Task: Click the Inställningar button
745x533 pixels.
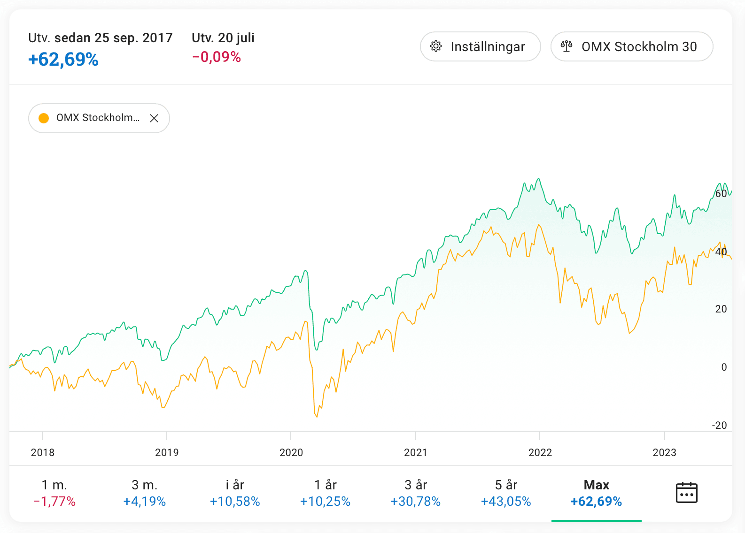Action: (x=480, y=46)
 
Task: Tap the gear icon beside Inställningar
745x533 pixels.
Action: (x=436, y=46)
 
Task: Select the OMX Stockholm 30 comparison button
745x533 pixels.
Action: (x=631, y=46)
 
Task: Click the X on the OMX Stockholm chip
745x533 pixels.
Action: (x=154, y=118)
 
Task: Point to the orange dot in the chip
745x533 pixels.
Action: (x=44, y=118)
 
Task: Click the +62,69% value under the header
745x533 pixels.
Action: (x=63, y=60)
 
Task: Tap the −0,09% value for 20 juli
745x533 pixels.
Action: (x=217, y=57)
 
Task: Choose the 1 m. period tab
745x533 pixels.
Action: (x=54, y=493)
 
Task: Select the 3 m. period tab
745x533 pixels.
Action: (x=145, y=493)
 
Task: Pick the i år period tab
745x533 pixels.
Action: (x=235, y=493)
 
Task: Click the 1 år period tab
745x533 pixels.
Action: (x=325, y=493)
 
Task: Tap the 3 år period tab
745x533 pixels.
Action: (x=416, y=493)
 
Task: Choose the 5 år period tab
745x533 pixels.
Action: (x=506, y=493)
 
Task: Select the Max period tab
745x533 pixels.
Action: (x=596, y=493)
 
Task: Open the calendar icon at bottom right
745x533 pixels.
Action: (x=686, y=493)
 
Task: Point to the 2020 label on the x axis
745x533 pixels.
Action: (x=291, y=452)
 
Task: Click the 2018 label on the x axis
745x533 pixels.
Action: (x=43, y=452)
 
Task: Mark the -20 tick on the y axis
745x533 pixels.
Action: (x=719, y=425)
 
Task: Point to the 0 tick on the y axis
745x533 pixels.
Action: (x=724, y=367)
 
